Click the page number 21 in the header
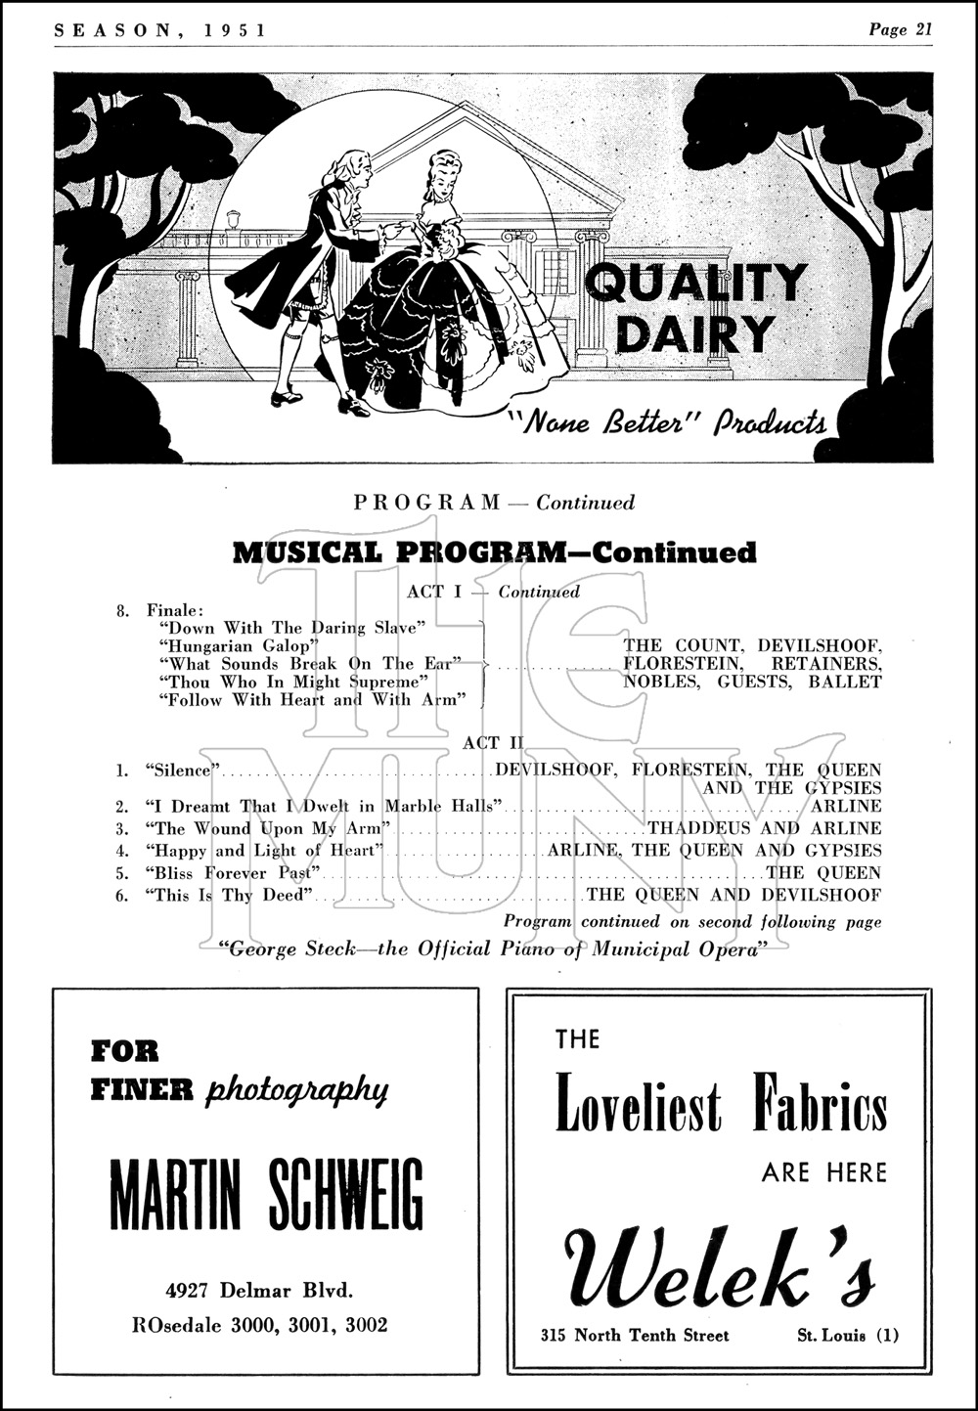921,29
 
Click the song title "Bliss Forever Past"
234,872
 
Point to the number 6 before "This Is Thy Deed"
121,895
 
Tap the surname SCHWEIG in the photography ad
340,1197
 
